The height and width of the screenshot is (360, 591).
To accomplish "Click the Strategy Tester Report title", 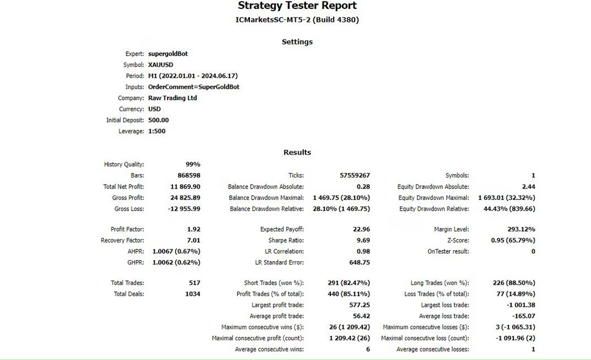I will click(x=297, y=6).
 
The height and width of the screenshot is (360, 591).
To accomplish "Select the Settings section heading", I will click(x=297, y=42).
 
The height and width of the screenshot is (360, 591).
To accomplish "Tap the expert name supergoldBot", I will click(x=168, y=54).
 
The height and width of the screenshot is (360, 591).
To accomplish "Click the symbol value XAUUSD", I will click(x=161, y=65).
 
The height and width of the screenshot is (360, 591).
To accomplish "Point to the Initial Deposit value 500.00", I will click(x=159, y=120).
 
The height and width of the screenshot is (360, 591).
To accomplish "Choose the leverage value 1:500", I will click(x=157, y=131).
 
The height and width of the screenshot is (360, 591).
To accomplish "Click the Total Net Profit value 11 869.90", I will click(x=185, y=187).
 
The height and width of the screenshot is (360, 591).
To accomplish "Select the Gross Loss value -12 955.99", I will click(x=183, y=209).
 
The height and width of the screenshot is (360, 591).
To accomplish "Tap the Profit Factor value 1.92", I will click(x=194, y=229).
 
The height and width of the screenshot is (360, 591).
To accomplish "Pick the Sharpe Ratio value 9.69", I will click(x=363, y=240).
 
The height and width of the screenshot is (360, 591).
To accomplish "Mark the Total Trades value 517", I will click(x=195, y=283).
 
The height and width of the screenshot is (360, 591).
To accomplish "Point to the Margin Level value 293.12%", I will click(x=521, y=229).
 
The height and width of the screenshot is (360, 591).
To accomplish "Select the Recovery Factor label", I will click(x=123, y=240).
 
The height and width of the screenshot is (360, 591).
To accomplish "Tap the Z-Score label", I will click(x=458, y=240).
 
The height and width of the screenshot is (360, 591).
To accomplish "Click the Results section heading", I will click(x=297, y=153).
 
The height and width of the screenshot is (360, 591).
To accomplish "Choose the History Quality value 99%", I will click(x=193, y=164).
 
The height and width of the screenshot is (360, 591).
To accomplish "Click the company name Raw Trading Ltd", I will click(x=172, y=98).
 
